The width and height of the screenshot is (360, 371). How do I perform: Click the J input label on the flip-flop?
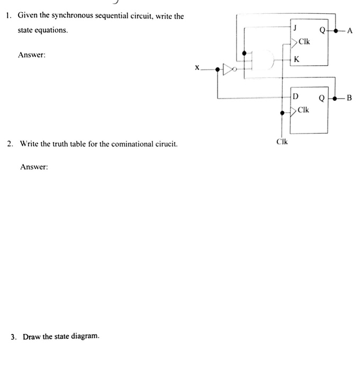pos(295,28)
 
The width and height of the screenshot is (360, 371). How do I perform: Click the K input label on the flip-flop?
pos(296,59)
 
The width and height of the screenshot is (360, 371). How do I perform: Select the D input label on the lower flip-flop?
pos(295,96)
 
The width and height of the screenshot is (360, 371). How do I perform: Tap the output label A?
pos(350,31)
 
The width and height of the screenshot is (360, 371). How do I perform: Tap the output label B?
pos(349,98)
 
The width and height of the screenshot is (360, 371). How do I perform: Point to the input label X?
pos(197,68)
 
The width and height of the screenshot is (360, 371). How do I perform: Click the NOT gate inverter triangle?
pos(228,69)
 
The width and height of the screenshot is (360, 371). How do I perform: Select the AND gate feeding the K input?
pos(263,60)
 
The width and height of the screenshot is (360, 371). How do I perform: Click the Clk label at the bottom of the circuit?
pos(282,142)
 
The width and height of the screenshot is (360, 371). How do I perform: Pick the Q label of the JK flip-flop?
pos(322,30)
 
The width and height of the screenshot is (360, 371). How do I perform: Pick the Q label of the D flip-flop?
pos(322,98)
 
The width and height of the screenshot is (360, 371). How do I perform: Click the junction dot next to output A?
pos(336,31)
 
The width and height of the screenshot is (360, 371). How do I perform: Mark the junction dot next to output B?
pos(335,99)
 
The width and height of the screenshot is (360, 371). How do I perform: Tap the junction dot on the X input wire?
pos(218,69)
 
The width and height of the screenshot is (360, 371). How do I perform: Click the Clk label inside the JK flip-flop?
pos(304,42)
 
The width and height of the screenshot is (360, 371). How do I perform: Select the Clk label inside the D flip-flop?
pos(303,110)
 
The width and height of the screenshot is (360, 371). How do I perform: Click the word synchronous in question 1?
pos(73,15)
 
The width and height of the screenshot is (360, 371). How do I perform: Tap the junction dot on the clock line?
pos(282,113)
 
